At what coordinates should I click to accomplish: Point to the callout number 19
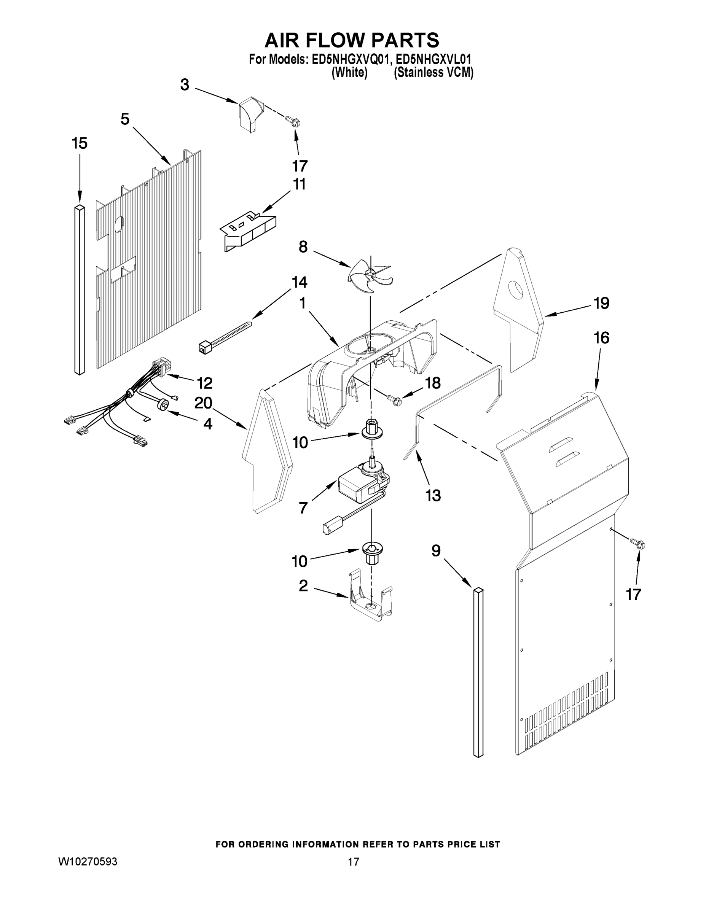tap(601, 303)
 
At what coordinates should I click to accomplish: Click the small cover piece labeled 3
tap(251, 114)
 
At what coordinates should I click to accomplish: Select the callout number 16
tap(601, 338)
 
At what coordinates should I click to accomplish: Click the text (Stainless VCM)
tap(433, 73)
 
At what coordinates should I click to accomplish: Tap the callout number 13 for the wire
tap(433, 495)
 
